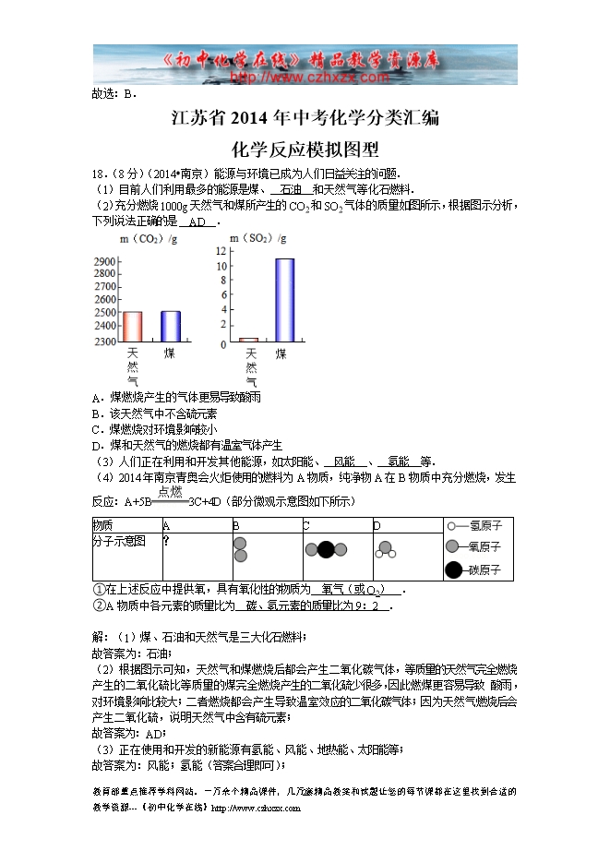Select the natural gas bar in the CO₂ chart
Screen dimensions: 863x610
click(x=132, y=327)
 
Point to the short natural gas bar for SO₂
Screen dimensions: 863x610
click(x=248, y=340)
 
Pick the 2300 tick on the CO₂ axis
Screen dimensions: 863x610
click(x=104, y=342)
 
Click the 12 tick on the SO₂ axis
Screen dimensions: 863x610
click(x=221, y=251)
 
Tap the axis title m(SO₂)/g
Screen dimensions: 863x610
click(x=258, y=238)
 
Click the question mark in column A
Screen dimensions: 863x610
click(x=166, y=541)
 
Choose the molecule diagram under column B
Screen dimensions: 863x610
click(x=240, y=549)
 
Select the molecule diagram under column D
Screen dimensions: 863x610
click(x=384, y=549)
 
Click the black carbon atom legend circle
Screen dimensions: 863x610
click(x=453, y=569)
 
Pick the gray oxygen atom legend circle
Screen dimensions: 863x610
click(x=452, y=546)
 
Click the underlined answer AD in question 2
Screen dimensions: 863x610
click(x=197, y=222)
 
